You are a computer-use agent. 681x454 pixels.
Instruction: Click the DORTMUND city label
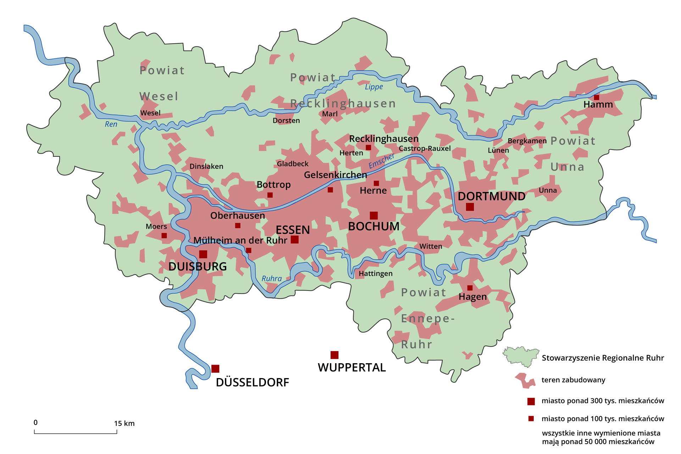click(x=491, y=196)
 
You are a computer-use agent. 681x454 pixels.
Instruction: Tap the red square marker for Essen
click(x=294, y=239)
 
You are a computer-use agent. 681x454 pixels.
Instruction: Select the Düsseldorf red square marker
click(x=215, y=369)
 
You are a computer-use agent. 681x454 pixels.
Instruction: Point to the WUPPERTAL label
click(x=351, y=367)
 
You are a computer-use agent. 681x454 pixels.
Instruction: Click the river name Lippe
click(x=374, y=87)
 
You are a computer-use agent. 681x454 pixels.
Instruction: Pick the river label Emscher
click(x=381, y=161)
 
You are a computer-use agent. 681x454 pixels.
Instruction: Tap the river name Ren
click(x=111, y=124)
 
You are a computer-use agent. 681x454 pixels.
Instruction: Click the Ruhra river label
click(x=272, y=278)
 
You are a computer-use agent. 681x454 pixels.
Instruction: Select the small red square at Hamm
click(x=597, y=97)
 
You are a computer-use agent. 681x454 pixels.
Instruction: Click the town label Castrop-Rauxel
click(x=425, y=148)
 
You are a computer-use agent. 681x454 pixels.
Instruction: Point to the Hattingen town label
click(x=375, y=273)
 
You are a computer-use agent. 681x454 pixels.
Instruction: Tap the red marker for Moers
click(x=164, y=236)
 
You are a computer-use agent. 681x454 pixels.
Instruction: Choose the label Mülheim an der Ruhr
click(x=240, y=240)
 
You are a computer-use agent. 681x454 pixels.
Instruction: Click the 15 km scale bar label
click(x=124, y=423)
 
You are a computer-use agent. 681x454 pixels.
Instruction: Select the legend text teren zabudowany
click(x=573, y=380)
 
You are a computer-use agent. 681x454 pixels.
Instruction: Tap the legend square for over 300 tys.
click(x=531, y=401)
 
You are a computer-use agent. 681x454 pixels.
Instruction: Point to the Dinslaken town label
click(x=206, y=166)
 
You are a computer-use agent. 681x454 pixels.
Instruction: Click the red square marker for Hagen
click(x=470, y=288)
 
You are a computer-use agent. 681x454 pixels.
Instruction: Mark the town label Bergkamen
click(x=527, y=141)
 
